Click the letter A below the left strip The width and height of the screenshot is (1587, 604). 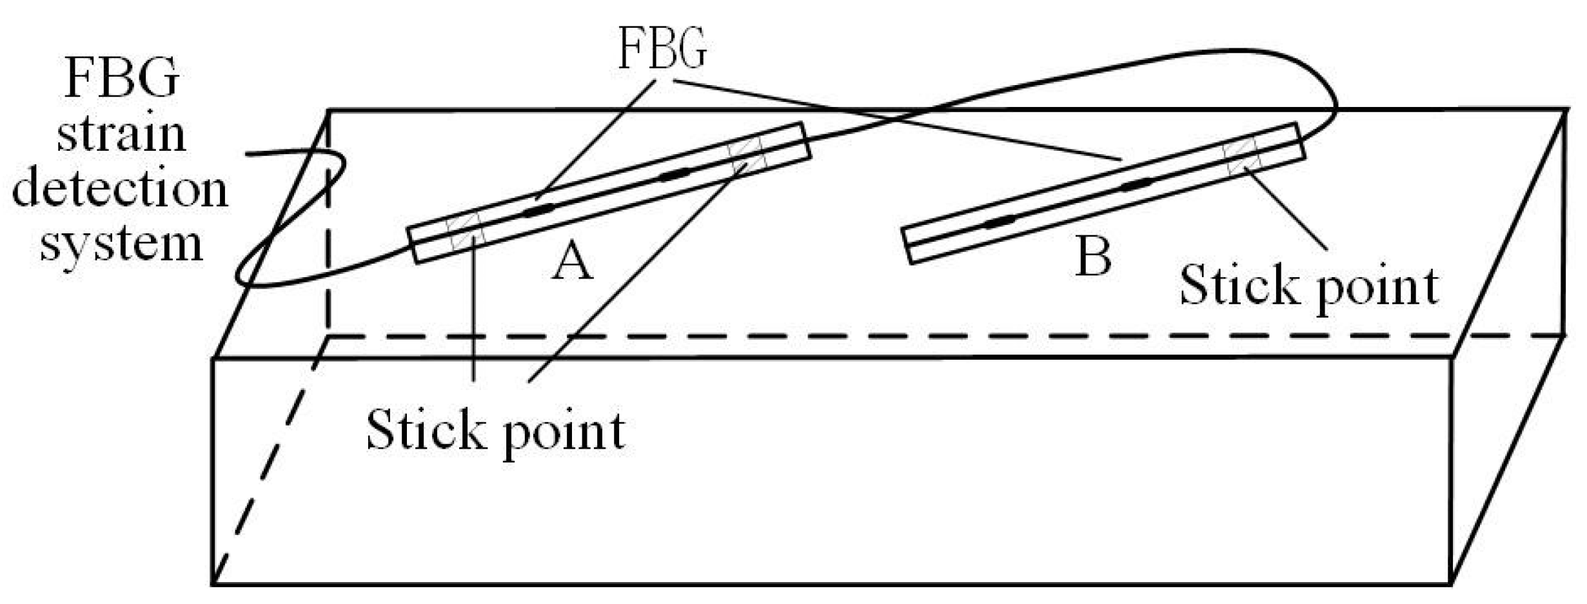click(571, 264)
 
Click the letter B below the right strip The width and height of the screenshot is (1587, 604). click(1094, 257)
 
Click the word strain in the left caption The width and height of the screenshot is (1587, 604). click(121, 134)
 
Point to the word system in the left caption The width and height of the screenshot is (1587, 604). click(121, 246)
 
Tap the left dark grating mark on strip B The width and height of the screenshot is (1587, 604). click(1000, 221)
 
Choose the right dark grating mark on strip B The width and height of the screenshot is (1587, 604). click(1136, 185)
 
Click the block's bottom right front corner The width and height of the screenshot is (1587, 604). click(1452, 584)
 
